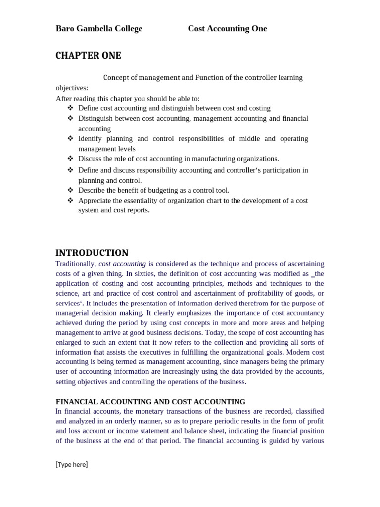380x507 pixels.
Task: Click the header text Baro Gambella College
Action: click(x=99, y=29)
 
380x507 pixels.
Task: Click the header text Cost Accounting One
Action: click(x=227, y=29)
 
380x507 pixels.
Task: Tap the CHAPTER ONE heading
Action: click(x=88, y=56)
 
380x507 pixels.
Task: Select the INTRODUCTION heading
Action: click(x=92, y=253)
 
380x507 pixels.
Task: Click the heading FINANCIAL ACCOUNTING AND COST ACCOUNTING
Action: click(x=150, y=402)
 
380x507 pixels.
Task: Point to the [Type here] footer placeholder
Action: click(x=72, y=464)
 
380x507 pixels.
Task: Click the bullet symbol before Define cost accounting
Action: click(x=70, y=108)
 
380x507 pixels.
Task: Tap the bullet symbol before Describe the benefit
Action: click(x=70, y=190)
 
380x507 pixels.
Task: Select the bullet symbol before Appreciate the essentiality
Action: click(x=70, y=200)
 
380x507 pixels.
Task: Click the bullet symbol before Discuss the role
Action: click(x=70, y=158)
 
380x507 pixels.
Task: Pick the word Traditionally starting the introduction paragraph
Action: click(x=76, y=264)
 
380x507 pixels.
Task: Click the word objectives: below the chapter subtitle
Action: click(x=72, y=88)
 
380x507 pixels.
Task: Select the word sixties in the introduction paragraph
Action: click(x=143, y=274)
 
